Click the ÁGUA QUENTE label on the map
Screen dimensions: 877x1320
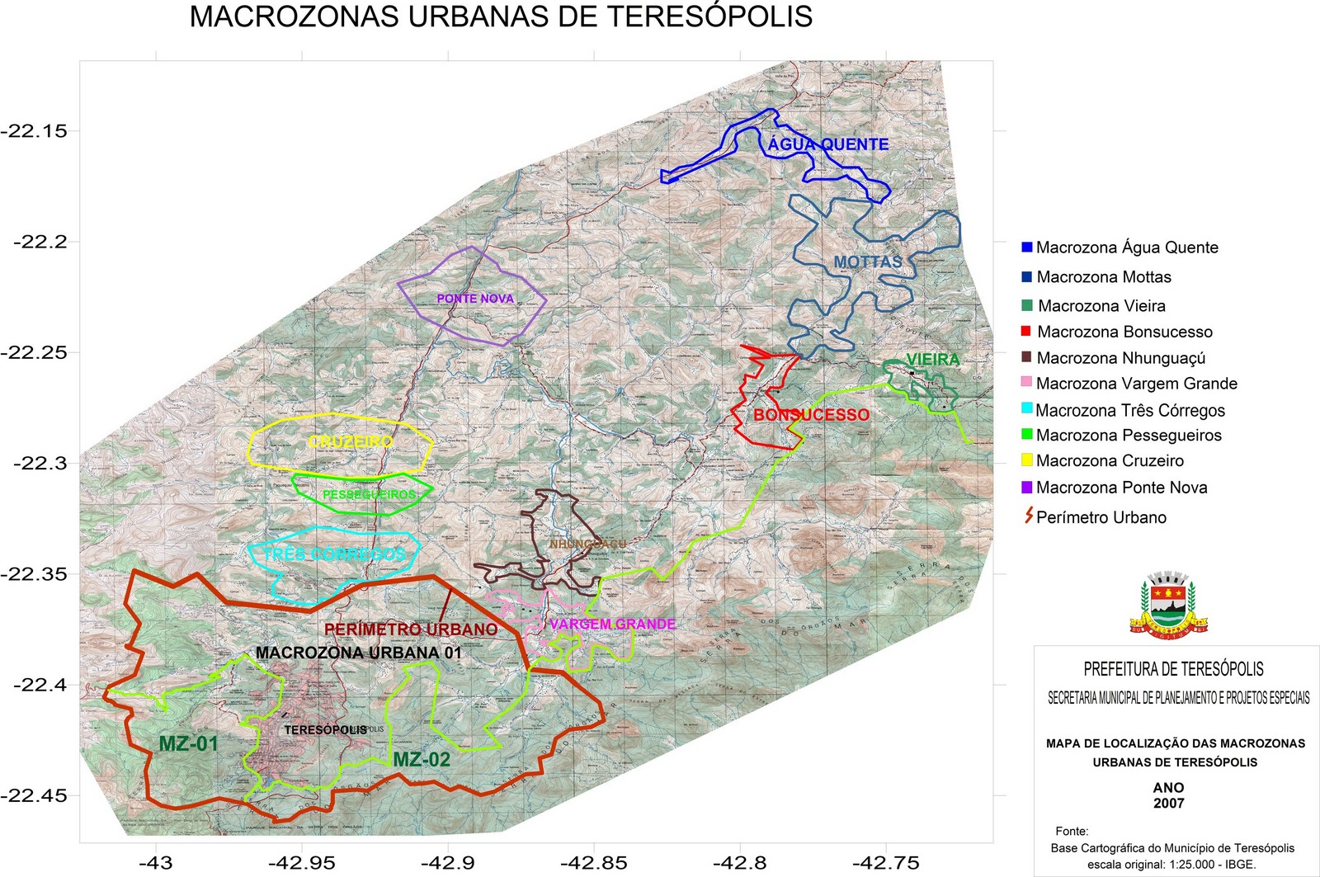click(x=827, y=144)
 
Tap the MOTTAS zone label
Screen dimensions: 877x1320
click(x=867, y=262)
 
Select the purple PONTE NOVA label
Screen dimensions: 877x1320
click(x=475, y=299)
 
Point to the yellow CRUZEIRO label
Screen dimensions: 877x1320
click(x=351, y=442)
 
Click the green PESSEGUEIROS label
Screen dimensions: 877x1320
click(x=369, y=494)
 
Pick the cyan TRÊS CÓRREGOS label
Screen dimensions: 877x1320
click(x=334, y=554)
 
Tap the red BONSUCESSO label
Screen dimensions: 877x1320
click(x=811, y=415)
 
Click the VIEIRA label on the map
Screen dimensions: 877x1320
click(x=932, y=360)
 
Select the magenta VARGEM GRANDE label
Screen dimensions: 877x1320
click(x=612, y=625)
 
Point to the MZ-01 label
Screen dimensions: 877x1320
click(x=188, y=744)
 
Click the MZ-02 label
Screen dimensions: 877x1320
click(x=422, y=760)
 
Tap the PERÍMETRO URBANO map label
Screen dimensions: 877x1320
click(x=410, y=629)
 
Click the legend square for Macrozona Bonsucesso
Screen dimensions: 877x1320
click(x=1026, y=331)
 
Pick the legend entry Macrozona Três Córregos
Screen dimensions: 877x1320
click(x=1129, y=410)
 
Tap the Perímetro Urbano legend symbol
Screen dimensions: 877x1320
click(x=1028, y=516)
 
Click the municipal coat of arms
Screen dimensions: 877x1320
click(x=1168, y=604)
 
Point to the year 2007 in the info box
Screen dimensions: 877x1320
click(x=1168, y=804)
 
